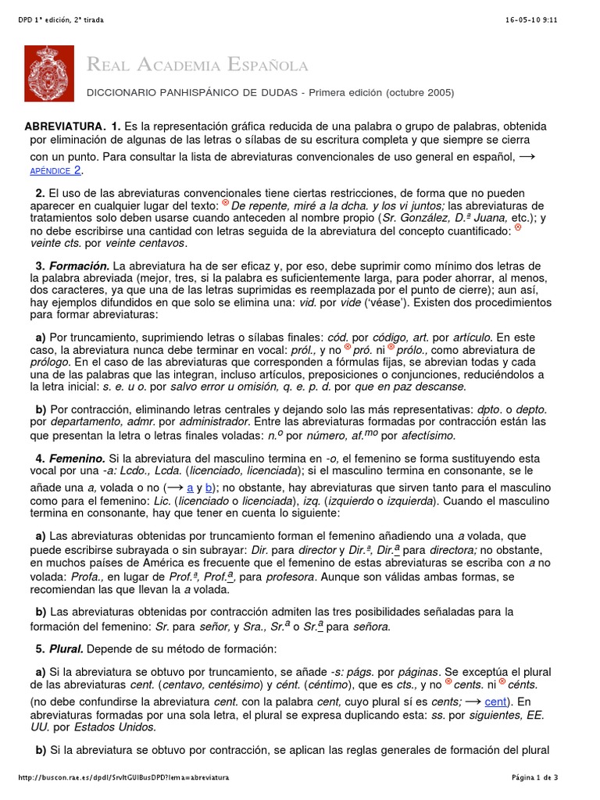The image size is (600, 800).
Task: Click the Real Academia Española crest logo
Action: click(x=50, y=73)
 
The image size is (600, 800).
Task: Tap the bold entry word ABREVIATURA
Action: click(x=64, y=127)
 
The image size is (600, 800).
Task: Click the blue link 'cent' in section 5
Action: click(x=495, y=702)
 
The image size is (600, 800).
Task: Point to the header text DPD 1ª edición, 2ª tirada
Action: click(x=60, y=19)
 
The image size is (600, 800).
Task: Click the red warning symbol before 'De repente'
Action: click(x=226, y=203)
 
